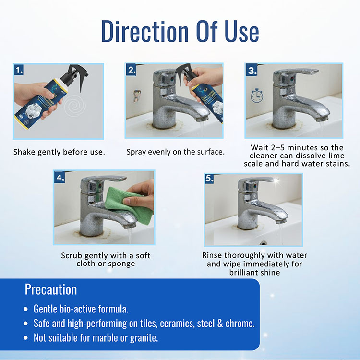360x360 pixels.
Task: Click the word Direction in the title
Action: pyautogui.click(x=144, y=31)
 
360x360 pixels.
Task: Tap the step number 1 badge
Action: pyautogui.click(x=19, y=70)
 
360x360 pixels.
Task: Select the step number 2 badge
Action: pyautogui.click(x=131, y=70)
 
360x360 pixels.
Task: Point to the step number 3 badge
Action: pyautogui.click(x=252, y=70)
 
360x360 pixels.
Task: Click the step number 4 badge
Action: pyautogui.click(x=60, y=178)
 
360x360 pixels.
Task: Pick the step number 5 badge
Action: pyautogui.click(x=209, y=179)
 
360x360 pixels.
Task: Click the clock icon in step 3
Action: pyautogui.click(x=257, y=96)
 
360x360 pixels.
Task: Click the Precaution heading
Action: pyautogui.click(x=51, y=289)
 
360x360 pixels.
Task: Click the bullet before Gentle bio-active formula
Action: pyautogui.click(x=25, y=309)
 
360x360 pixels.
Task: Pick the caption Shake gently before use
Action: pyautogui.click(x=59, y=152)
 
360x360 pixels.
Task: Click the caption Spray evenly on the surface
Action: pyautogui.click(x=175, y=152)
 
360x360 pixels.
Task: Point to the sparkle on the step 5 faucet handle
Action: pyautogui.click(x=276, y=180)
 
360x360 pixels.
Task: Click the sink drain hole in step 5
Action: pyautogui.click(x=263, y=243)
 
